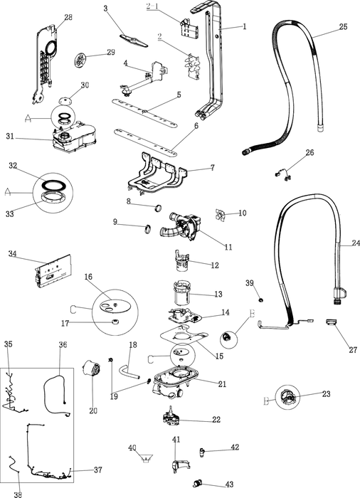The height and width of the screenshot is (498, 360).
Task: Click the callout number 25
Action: [x=343, y=27]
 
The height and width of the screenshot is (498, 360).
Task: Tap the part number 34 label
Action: [x=12, y=254]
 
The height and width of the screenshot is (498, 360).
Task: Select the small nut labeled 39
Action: [x=261, y=300]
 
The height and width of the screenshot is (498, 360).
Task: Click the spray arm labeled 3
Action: [x=134, y=41]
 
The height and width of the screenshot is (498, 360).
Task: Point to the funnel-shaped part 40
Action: [x=146, y=458]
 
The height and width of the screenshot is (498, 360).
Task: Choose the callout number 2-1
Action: [x=152, y=6]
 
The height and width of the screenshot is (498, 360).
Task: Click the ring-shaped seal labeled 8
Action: [x=158, y=208]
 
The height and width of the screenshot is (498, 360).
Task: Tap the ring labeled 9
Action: [x=147, y=228]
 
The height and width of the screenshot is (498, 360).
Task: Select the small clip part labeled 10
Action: [x=220, y=215]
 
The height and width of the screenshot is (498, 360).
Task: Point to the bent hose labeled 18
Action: [x=128, y=371]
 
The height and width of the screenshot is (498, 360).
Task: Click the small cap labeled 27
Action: [x=331, y=322]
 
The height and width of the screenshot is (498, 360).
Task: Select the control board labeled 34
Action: [x=53, y=271]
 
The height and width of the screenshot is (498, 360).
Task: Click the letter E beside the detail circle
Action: [x=252, y=314]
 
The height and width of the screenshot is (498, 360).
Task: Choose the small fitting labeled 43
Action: [x=198, y=484]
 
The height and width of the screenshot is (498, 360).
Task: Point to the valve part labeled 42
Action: [x=202, y=452]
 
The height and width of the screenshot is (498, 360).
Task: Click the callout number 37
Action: [x=98, y=470]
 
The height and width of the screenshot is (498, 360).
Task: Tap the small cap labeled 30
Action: [x=65, y=101]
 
